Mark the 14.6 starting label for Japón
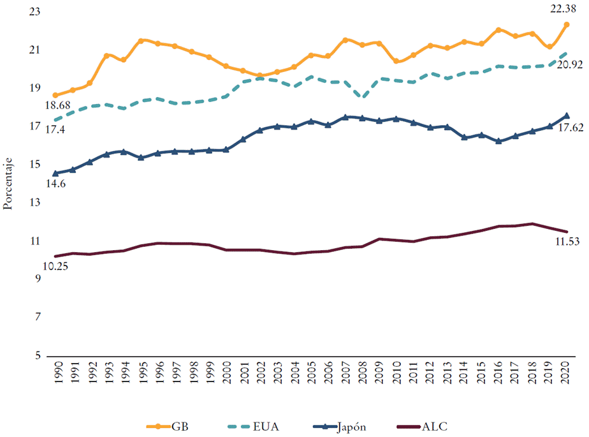[55, 184]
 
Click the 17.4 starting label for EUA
[55, 130]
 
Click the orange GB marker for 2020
[566, 24]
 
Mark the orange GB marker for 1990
[55, 95]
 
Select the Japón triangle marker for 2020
[566, 115]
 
